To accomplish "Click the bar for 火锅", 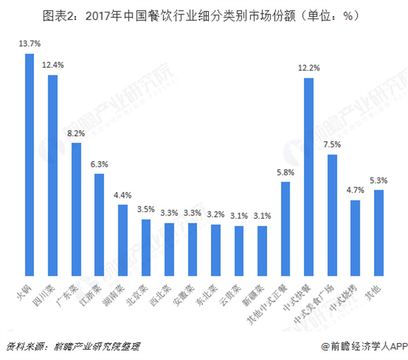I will (x=29, y=164).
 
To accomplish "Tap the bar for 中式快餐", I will (x=308, y=176).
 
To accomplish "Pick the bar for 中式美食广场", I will (x=331, y=215).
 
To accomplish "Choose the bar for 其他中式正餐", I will (x=286, y=228).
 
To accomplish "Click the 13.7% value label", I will (x=29, y=43).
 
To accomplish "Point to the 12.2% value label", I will (x=308, y=67).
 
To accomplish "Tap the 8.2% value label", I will (x=76, y=132).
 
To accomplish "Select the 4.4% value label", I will (x=122, y=195).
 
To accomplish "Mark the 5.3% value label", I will (x=378, y=180).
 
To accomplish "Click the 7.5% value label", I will (x=331, y=145).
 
